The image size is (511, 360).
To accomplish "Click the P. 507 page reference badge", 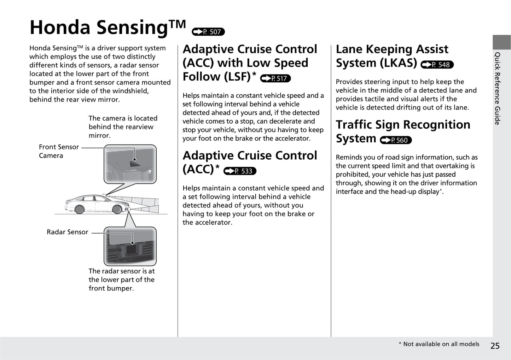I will coord(208,32).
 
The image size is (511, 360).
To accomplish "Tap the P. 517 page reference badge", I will coord(275,78).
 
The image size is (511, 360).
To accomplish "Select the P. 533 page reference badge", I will coord(240,171).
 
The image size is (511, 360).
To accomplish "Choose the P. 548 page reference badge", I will coord(437,65).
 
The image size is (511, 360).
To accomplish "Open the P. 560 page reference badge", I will coord(396,140).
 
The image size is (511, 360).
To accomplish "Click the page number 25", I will coord(495,346).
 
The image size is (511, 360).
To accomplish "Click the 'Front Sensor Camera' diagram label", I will coord(58,151).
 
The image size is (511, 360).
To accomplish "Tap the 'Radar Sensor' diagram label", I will coord(67,232).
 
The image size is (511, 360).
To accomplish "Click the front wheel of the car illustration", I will coord(117,209).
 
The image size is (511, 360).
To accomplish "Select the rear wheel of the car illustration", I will coord(79,209).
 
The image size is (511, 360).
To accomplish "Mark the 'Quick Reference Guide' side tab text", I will coord(498,88).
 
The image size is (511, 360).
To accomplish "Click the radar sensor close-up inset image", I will coord(130,246).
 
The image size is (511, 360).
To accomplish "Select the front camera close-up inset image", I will coord(130,164).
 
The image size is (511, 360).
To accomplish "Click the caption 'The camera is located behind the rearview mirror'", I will coord(123,127).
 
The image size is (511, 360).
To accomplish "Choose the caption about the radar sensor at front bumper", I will coord(121,279).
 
